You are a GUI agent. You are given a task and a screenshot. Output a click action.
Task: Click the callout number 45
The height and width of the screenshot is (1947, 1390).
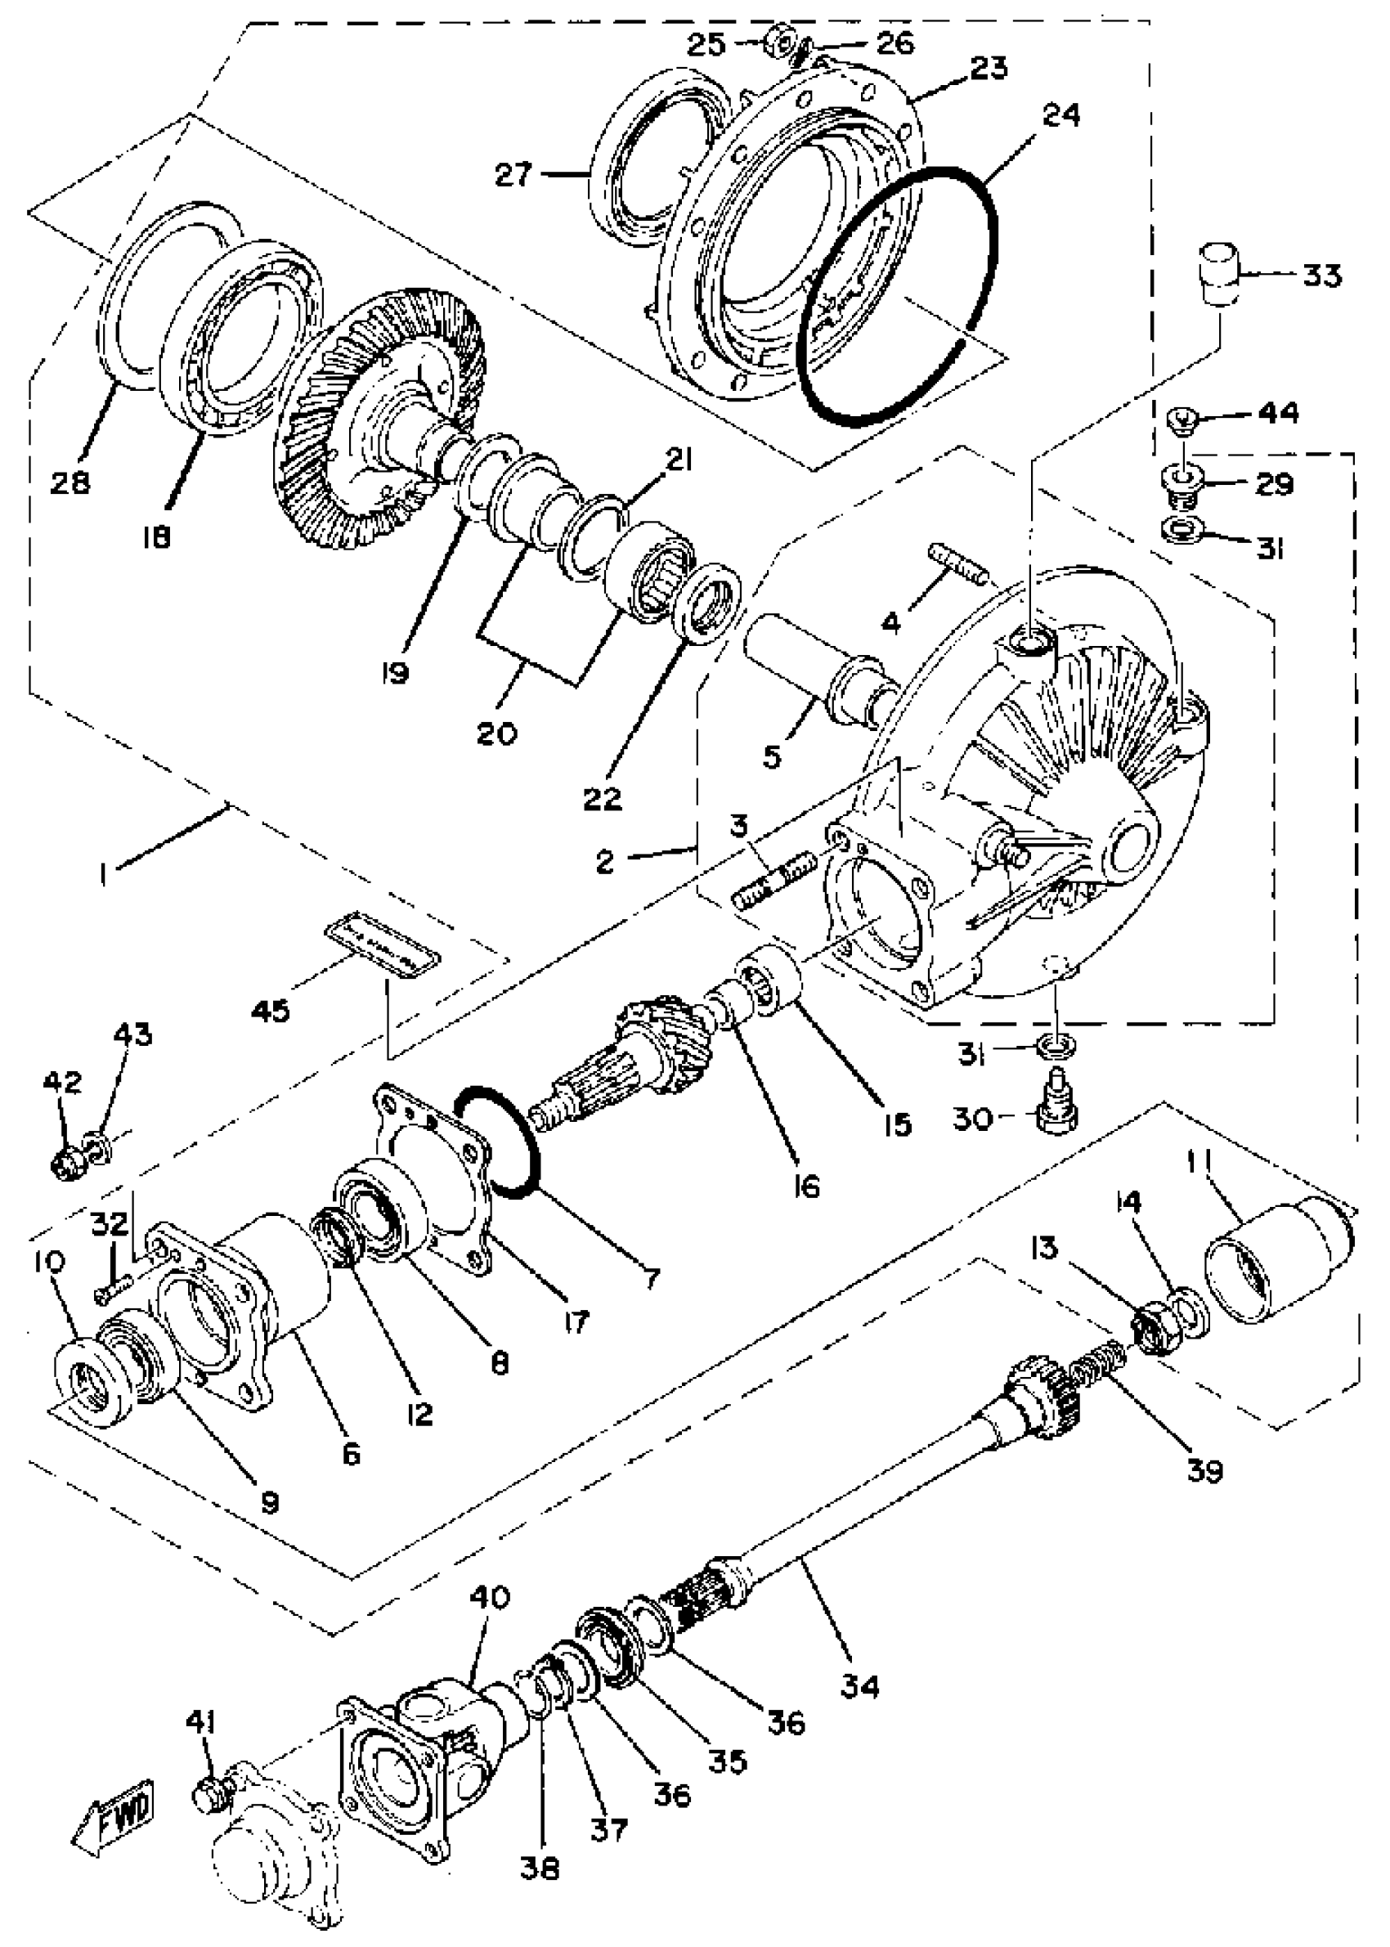271,1011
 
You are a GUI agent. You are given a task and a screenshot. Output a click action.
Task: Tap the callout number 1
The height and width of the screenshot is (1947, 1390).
103,875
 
